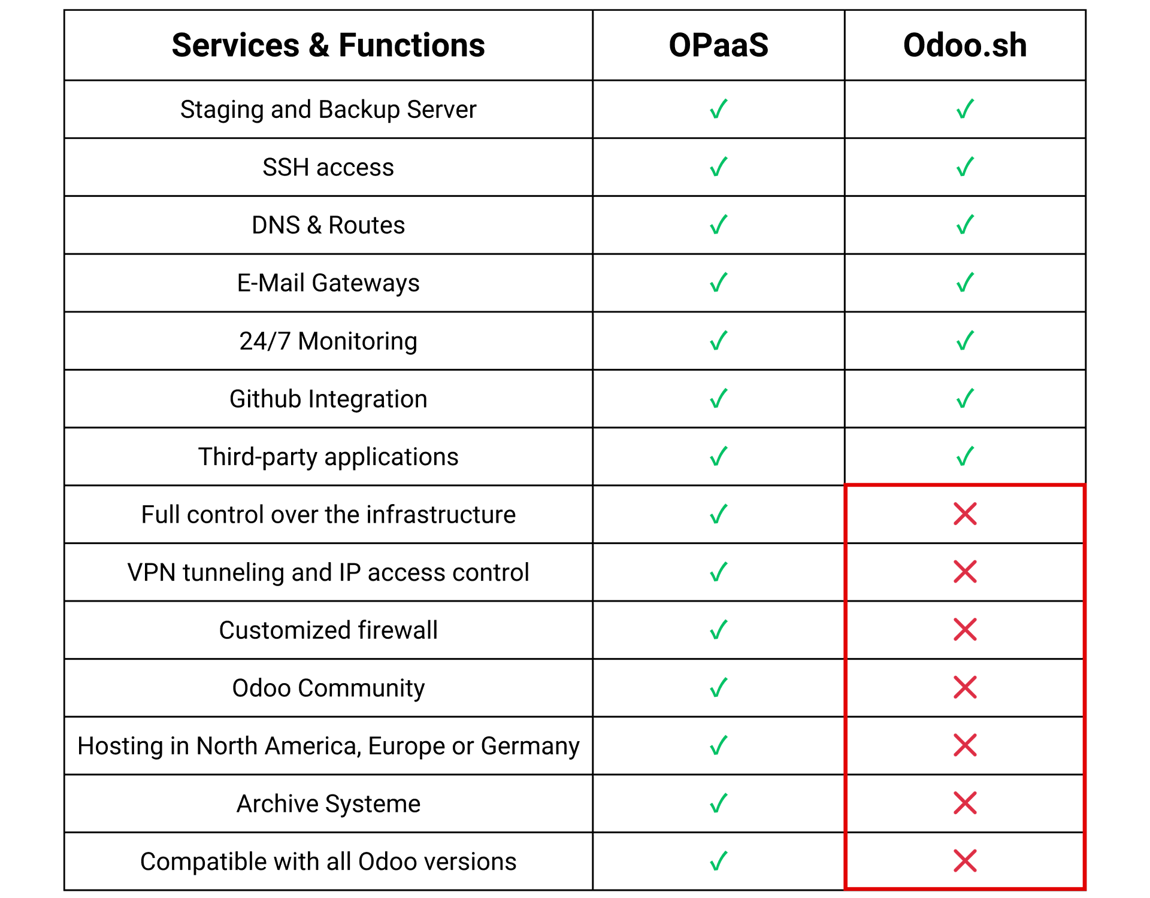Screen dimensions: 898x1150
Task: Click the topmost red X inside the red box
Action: [965, 514]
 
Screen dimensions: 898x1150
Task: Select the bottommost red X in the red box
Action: [965, 860]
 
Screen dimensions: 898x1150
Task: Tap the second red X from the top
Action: [965, 572]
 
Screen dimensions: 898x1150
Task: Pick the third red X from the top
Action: [965, 629]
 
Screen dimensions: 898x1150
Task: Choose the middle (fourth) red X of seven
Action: [965, 687]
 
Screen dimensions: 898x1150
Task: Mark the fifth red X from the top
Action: [965, 745]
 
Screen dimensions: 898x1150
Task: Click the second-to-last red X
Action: [965, 803]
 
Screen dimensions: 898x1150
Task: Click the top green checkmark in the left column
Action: [719, 109]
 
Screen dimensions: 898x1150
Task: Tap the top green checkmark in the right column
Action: [965, 109]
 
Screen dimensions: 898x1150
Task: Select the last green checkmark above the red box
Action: [965, 456]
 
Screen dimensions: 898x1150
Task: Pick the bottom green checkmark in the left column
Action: [719, 861]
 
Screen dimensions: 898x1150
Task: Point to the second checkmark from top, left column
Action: [719, 167]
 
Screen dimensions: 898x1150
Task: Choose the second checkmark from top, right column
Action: [965, 167]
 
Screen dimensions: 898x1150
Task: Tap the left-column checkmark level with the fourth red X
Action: [719, 687]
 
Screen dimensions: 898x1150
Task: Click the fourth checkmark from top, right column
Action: [965, 283]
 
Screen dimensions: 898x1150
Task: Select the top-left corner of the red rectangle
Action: [845, 485]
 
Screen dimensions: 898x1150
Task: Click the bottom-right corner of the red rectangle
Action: [1085, 887]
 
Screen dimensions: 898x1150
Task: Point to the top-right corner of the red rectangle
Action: [1085, 485]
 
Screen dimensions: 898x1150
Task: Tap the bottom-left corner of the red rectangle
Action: [845, 887]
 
